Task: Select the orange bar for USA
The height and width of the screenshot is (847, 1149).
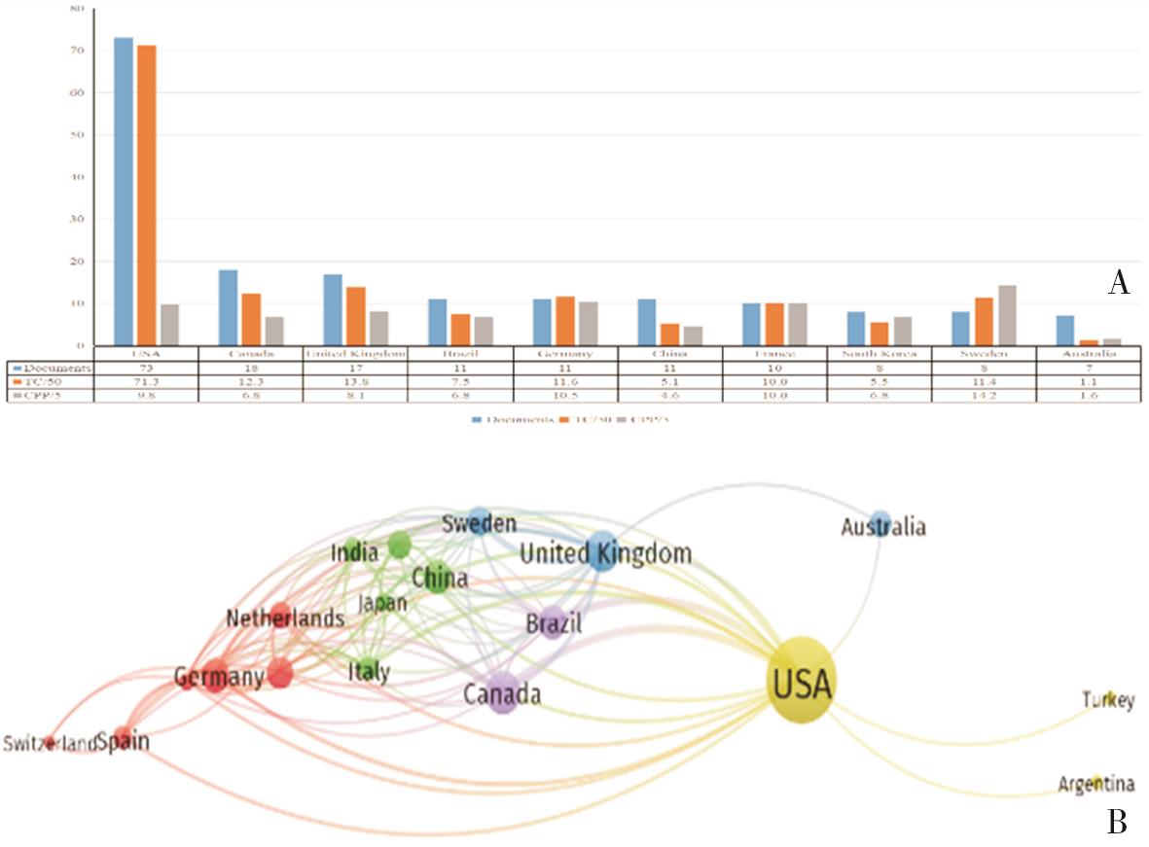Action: (147, 195)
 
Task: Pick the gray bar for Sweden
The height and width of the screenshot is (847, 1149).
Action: (1007, 315)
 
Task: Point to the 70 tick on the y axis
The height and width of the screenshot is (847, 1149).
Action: (78, 51)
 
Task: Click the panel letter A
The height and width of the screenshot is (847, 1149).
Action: (1118, 283)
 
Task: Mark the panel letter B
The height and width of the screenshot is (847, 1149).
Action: (1118, 823)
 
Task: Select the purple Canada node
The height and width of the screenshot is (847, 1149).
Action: (503, 693)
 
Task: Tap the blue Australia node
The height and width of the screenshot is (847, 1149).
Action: (880, 520)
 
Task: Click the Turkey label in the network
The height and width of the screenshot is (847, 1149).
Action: (1108, 700)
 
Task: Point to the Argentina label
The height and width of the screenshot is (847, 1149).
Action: (1095, 784)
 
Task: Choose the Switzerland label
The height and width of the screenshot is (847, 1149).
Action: (50, 745)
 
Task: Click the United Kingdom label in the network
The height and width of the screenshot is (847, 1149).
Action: (605, 554)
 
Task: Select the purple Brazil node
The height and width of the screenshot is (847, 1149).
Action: (553, 623)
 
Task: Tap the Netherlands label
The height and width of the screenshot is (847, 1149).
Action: (285, 618)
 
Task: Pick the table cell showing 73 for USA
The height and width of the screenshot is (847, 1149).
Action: (146, 369)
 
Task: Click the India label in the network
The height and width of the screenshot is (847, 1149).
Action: (354, 553)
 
